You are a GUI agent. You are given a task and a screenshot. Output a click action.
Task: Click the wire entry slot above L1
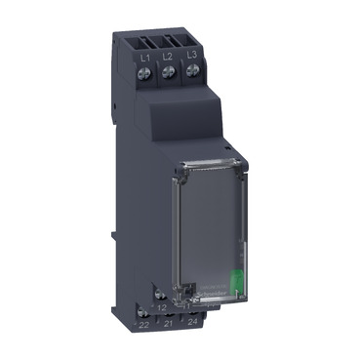coord(143,42)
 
